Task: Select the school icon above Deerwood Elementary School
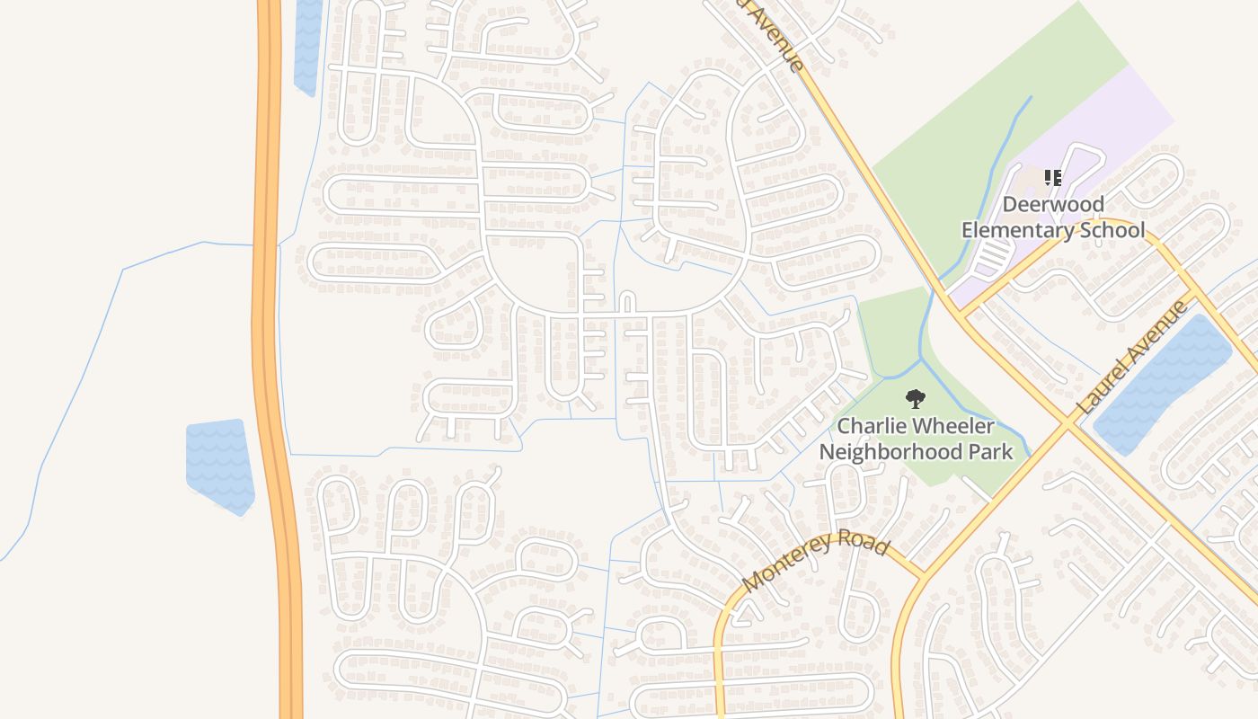point(1053,178)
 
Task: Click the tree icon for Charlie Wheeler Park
point(915,399)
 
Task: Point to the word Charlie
point(870,426)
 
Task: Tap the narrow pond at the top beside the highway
point(307,45)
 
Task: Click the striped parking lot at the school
point(993,259)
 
